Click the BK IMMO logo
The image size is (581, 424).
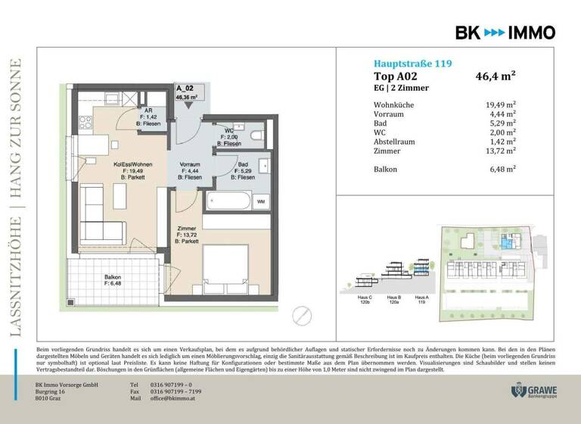tap(505, 33)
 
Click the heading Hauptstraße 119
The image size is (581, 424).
tap(413, 64)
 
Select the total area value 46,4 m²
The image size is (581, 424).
tap(496, 76)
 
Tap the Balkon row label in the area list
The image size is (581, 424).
tap(387, 170)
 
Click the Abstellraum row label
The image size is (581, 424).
tap(397, 140)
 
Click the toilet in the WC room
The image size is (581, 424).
tap(256, 135)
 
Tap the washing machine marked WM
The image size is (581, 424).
tap(261, 201)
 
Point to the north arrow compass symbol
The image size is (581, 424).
tap(302, 313)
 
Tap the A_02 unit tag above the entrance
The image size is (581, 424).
tap(185, 92)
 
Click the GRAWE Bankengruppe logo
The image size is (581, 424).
tap(536, 391)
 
